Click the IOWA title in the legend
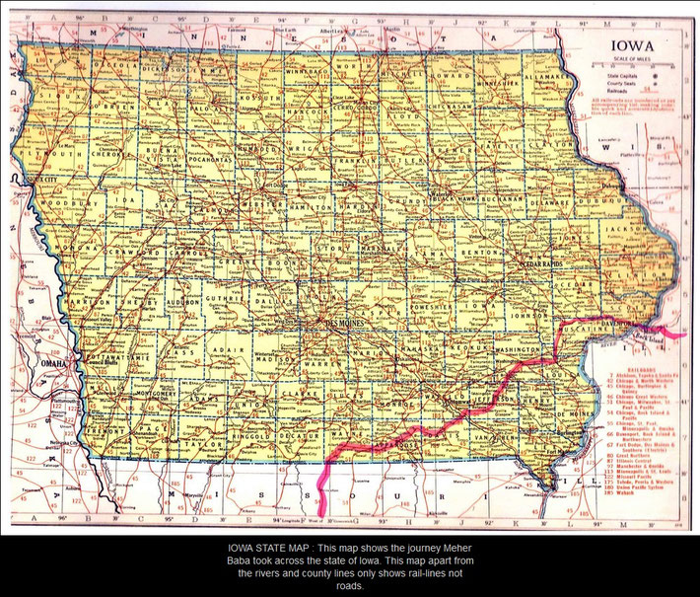[631, 45]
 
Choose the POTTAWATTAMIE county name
[111, 354]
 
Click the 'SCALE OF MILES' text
[631, 62]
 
